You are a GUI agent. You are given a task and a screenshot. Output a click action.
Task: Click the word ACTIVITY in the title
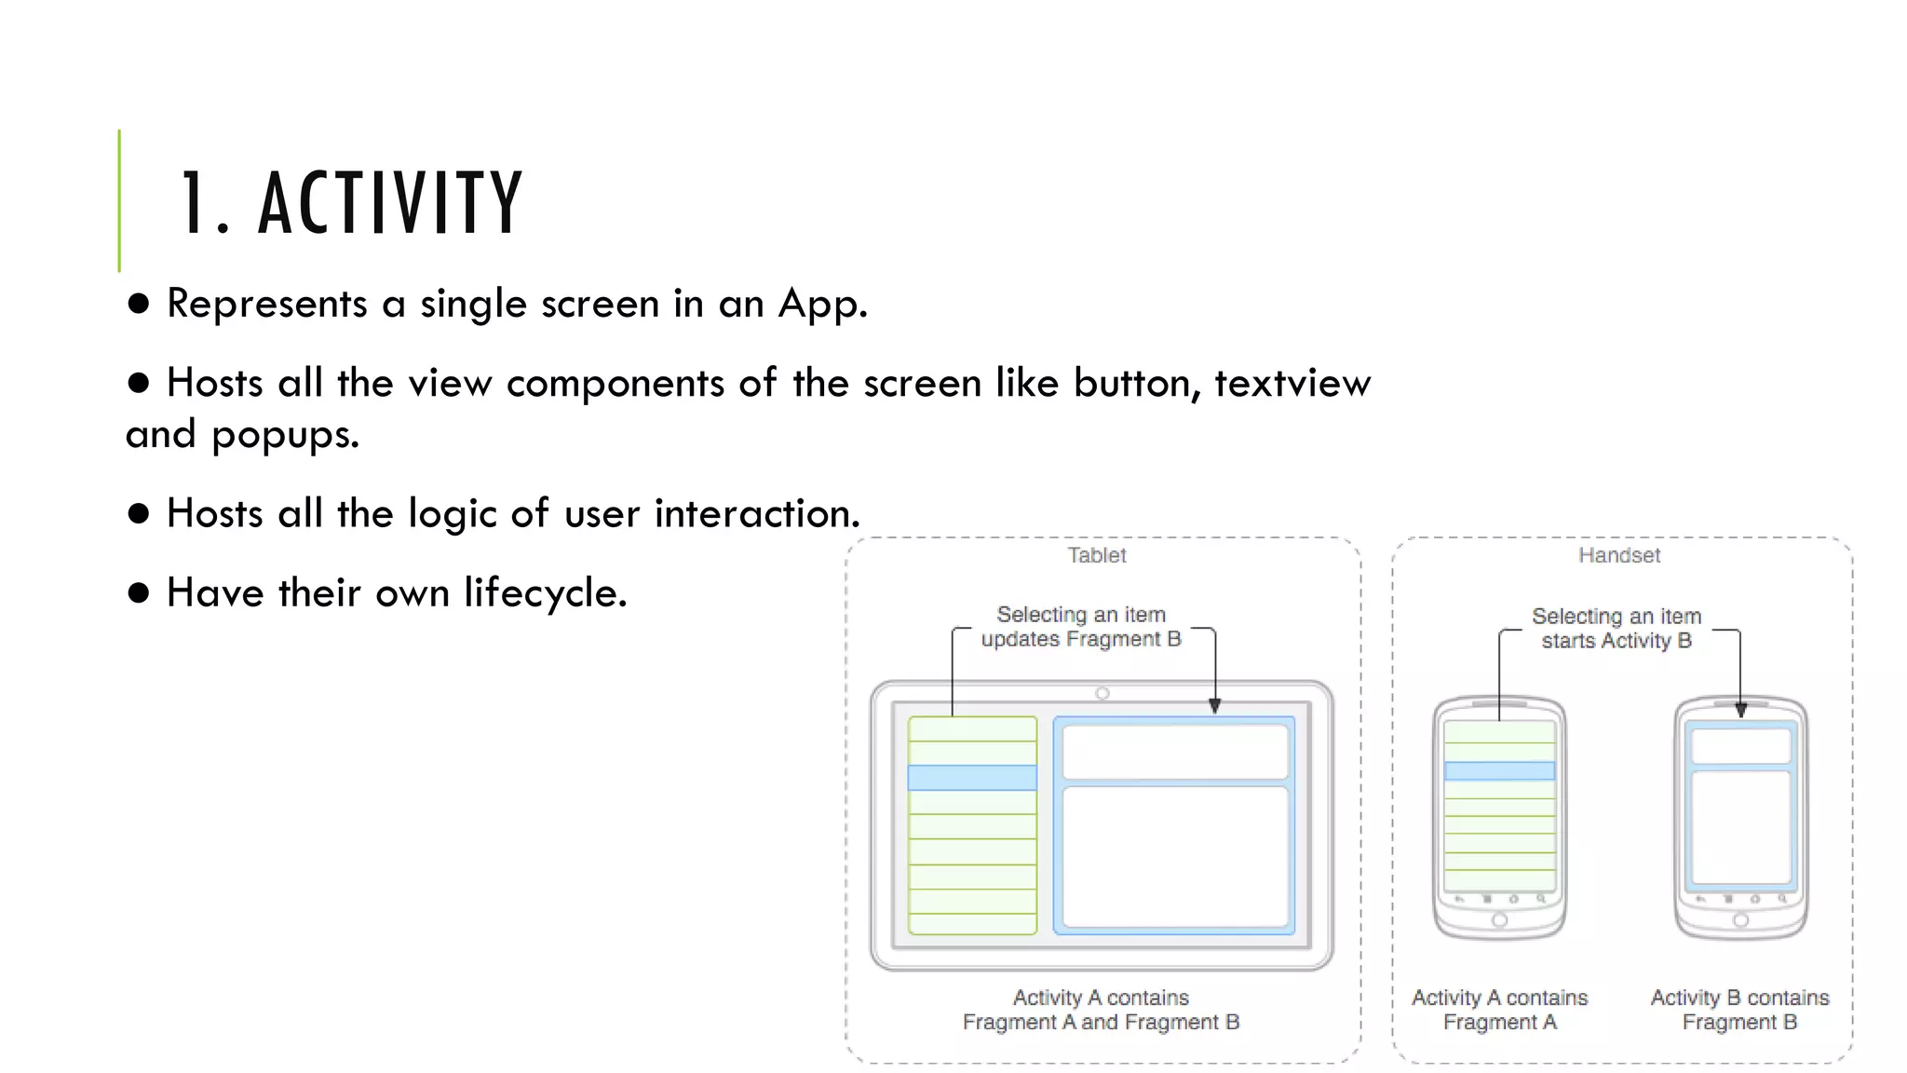[x=391, y=202]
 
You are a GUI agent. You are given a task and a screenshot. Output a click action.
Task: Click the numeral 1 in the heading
[x=193, y=202]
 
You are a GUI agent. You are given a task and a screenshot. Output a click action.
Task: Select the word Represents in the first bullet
[x=267, y=304]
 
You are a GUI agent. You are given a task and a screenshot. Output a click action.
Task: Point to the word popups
[x=284, y=435]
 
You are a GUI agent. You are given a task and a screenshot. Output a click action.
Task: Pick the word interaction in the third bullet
[x=756, y=513]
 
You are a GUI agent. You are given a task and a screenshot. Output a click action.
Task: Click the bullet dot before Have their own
[x=139, y=593]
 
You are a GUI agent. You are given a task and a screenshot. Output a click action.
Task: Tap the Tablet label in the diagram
[x=1096, y=555]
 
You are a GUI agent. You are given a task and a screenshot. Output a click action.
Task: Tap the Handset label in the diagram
[x=1618, y=555]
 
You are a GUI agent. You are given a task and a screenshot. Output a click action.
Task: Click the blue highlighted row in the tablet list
[x=972, y=778]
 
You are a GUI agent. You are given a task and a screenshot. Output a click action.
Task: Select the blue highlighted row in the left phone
[x=1499, y=770]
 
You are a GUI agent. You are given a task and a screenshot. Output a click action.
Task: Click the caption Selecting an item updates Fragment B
[x=1081, y=627]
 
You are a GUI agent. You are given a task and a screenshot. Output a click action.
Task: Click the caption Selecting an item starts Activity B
[x=1616, y=629]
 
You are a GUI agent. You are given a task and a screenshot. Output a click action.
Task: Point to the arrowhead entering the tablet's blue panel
[x=1214, y=706]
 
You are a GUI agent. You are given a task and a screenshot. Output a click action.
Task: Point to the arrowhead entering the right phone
[x=1740, y=710]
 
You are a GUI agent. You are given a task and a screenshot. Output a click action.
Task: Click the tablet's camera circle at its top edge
[x=1102, y=693]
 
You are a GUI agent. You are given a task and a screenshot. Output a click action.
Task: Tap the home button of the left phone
[x=1499, y=920]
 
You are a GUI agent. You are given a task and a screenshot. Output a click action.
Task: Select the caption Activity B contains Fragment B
[x=1739, y=1010]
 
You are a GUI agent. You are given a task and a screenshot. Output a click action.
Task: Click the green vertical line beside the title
[x=119, y=200]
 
